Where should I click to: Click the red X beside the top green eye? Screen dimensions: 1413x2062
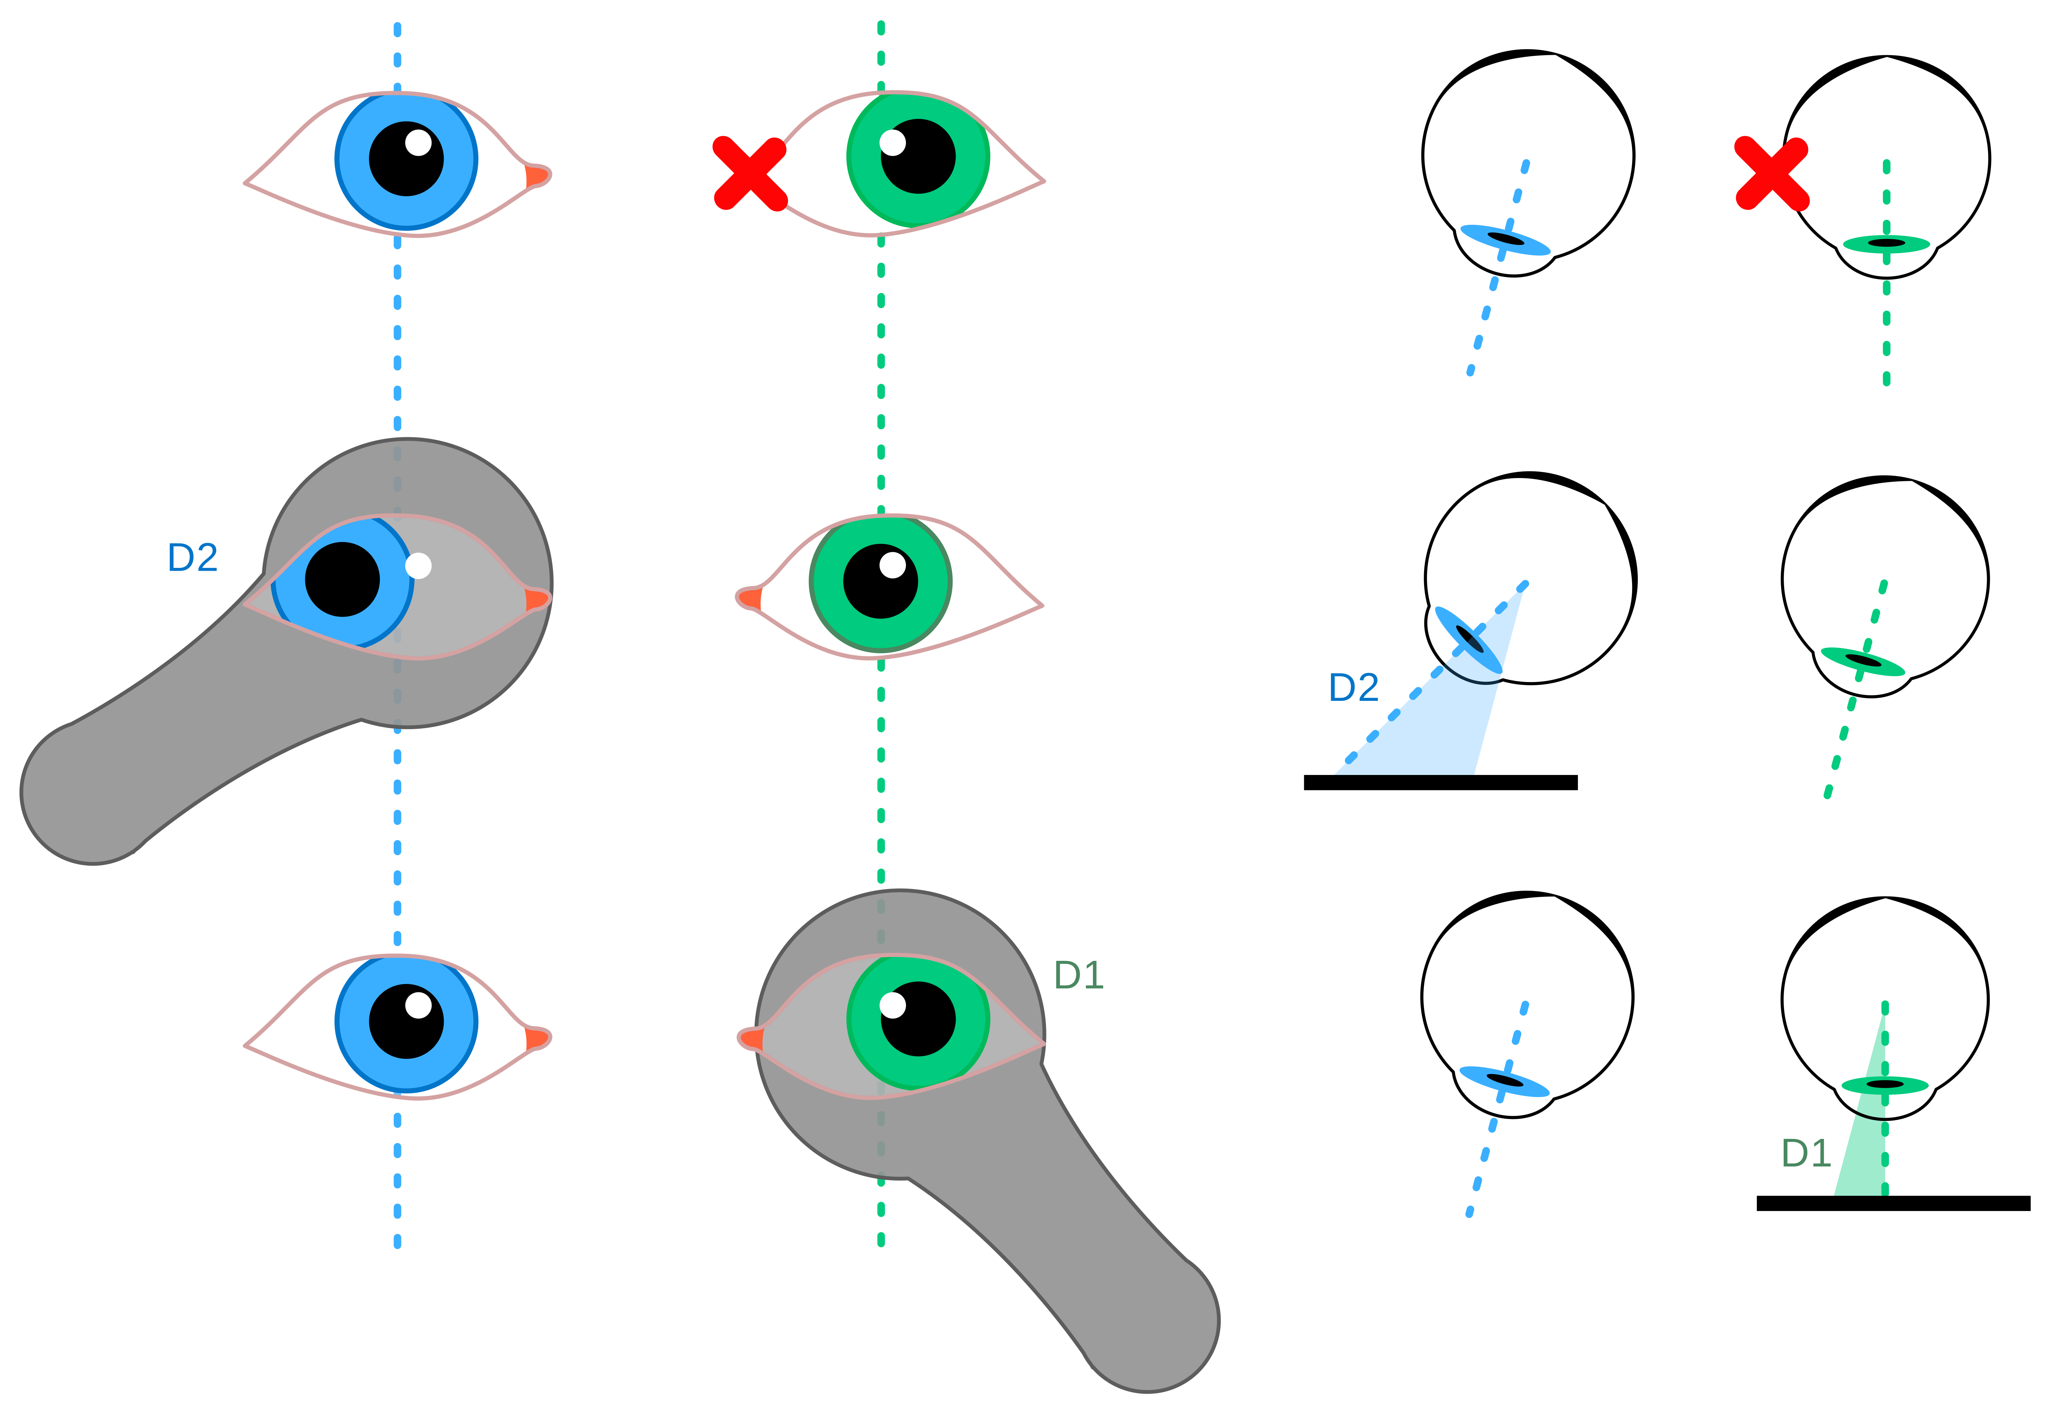pyautogui.click(x=750, y=173)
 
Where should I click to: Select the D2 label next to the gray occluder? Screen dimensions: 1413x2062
pyautogui.click(x=193, y=557)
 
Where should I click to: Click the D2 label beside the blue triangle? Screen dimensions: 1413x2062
pyautogui.click(x=1353, y=688)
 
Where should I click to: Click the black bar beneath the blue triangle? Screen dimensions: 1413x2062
pyautogui.click(x=1440, y=782)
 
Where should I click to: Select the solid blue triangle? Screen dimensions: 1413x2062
pyautogui.click(x=1438, y=728)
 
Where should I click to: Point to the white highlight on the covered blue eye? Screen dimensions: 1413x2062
pyautogui.click(x=418, y=565)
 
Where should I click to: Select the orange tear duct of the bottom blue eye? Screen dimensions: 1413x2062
pyautogui.click(x=536, y=1039)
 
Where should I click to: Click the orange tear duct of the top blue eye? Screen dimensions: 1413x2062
pyautogui.click(x=536, y=176)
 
